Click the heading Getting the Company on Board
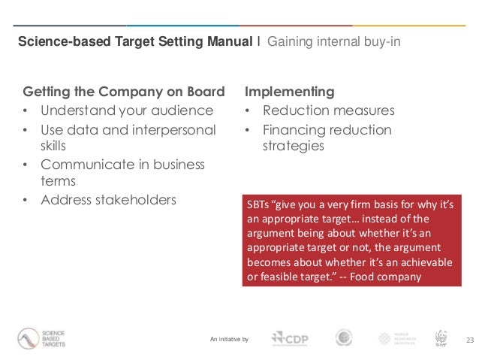(125, 92)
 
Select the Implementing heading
(290, 92)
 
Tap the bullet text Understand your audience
(127, 111)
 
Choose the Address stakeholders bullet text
(109, 199)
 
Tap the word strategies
(293, 146)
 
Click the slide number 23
(471, 340)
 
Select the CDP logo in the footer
(291, 339)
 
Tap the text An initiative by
(230, 340)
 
